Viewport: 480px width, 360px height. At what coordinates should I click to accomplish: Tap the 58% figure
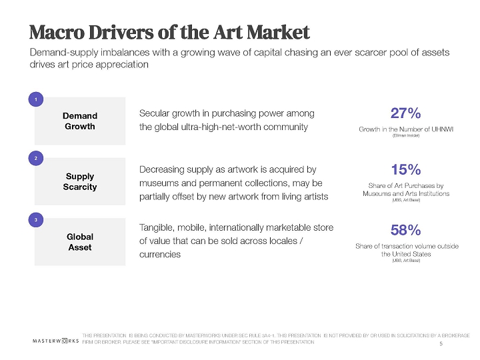coord(405,230)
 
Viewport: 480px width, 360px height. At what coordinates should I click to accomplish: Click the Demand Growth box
coord(80,121)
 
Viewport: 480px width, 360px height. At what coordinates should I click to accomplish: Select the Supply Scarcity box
coord(80,181)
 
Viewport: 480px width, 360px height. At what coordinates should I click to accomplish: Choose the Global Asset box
coord(80,241)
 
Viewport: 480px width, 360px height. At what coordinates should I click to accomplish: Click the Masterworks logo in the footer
coord(56,340)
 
